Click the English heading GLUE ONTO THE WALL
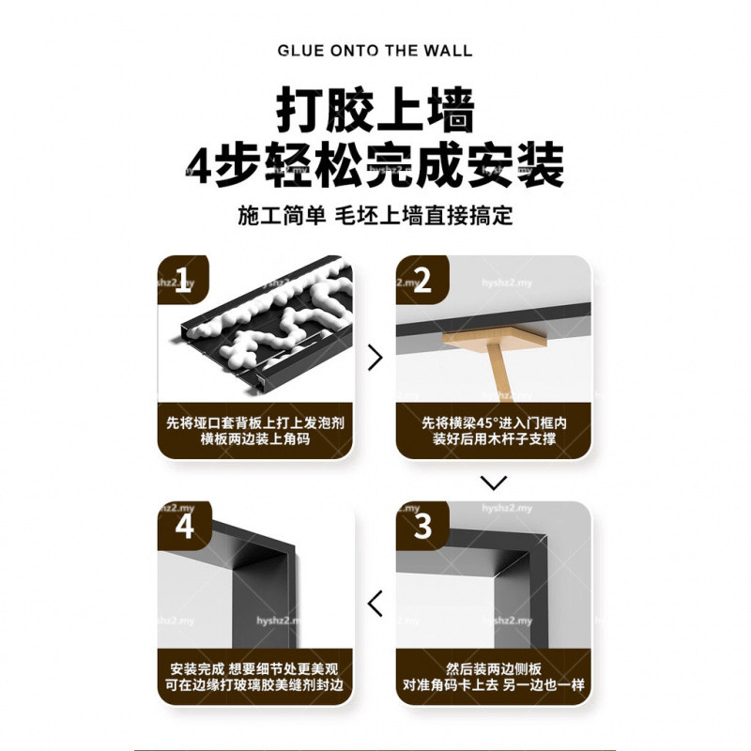375,51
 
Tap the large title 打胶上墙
375,110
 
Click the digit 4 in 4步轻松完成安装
198,165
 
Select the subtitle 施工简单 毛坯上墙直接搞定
375,216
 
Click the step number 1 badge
183,280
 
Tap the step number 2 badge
421,280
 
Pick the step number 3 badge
422,526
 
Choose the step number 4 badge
184,526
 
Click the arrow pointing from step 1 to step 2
375,358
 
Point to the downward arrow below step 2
494,483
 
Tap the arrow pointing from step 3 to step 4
375,604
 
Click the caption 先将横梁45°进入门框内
494,423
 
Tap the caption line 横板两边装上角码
254,438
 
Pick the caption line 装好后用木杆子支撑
494,438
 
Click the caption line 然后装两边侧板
494,669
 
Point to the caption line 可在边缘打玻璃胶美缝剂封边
254,685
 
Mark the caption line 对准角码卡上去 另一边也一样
494,685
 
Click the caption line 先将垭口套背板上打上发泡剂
254,423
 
